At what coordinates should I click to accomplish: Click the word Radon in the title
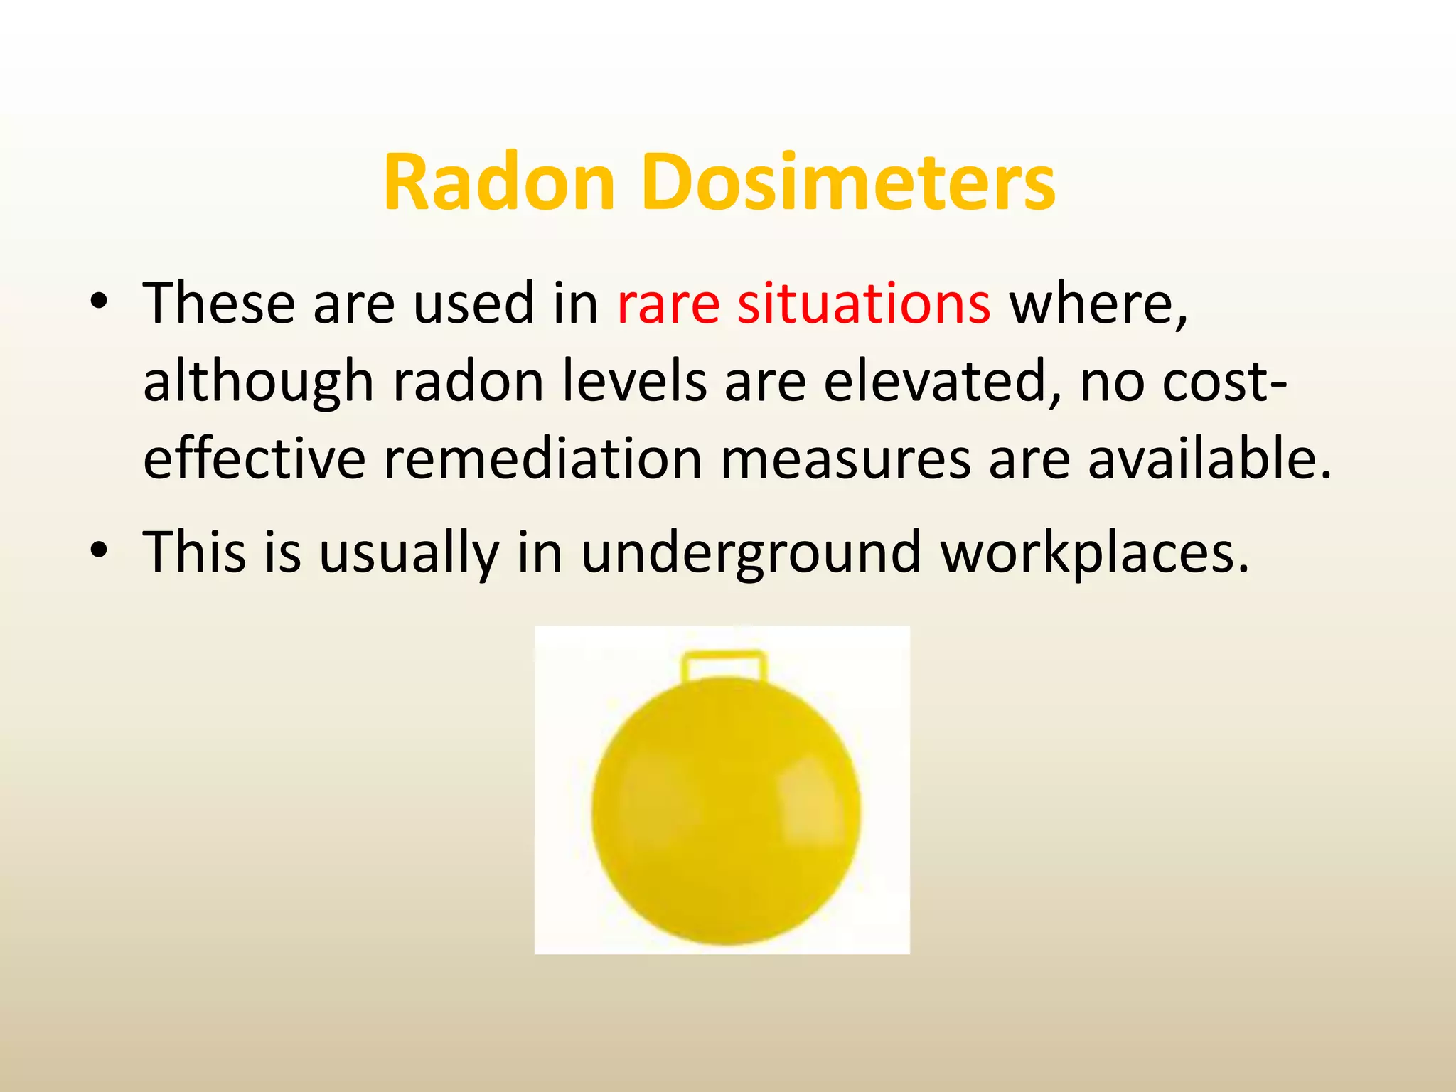click(x=498, y=183)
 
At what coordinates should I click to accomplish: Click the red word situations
click(x=864, y=304)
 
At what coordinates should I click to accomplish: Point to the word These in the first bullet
click(x=219, y=304)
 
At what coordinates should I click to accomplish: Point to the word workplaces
click(x=1095, y=553)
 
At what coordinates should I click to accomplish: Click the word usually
click(x=409, y=553)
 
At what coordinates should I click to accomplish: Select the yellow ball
click(x=725, y=810)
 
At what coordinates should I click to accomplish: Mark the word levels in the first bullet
click(x=635, y=382)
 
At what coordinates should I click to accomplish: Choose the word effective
click(x=255, y=459)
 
